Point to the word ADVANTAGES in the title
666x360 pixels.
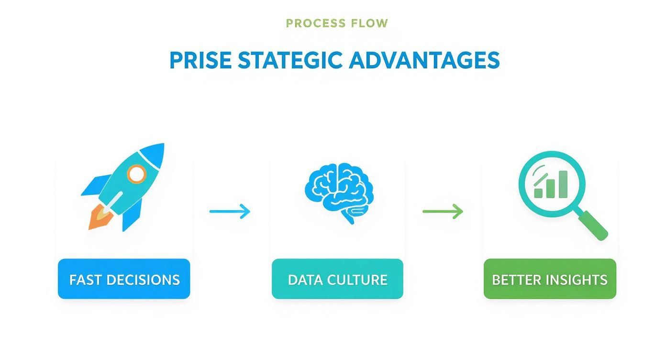pos(424,61)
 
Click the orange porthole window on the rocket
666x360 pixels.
pos(136,174)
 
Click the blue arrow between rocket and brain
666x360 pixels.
pos(230,211)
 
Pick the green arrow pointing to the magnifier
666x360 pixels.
pos(443,211)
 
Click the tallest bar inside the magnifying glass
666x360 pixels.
pos(562,184)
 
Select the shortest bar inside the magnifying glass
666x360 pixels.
pos(538,192)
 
